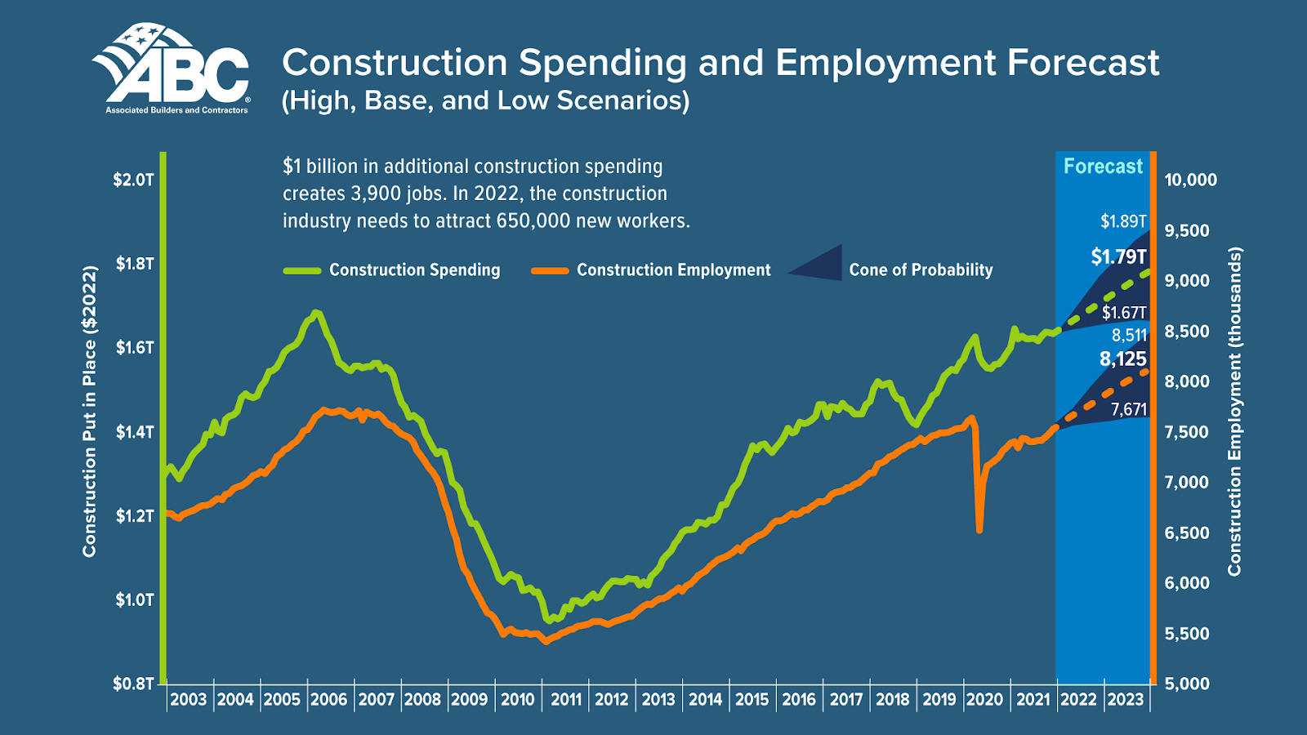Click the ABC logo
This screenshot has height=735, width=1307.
[x=172, y=69]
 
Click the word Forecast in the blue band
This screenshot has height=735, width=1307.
[x=1103, y=167]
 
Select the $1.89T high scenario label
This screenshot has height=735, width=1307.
[x=1123, y=221]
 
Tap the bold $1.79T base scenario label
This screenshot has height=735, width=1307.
[x=1118, y=256]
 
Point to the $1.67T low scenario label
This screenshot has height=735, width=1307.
[x=1124, y=313]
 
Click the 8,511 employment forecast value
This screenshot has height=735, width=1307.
[x=1129, y=335]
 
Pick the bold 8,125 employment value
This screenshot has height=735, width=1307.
[x=1122, y=359]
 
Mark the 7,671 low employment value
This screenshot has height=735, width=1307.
[x=1128, y=409]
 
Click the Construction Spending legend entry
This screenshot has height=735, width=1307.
[x=392, y=270]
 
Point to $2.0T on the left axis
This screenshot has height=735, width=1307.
[x=134, y=180]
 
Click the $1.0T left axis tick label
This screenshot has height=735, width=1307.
[x=134, y=600]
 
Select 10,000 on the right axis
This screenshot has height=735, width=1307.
[x=1190, y=180]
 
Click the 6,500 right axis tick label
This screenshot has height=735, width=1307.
[x=1186, y=533]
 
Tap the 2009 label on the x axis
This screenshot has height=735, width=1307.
[x=470, y=700]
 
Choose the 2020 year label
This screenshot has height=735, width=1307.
[x=984, y=700]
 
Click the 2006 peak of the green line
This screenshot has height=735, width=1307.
[x=316, y=313]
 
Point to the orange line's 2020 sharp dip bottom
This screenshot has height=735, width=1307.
[x=979, y=530]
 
